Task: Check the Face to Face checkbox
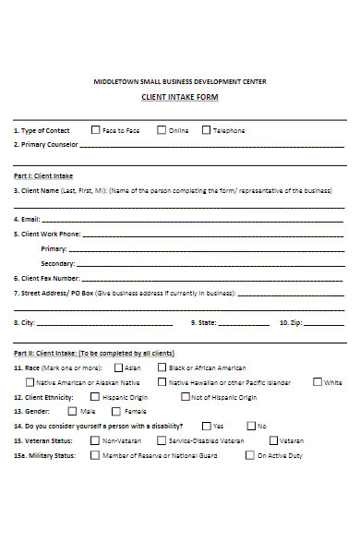[95, 130]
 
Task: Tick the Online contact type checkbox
[162, 130]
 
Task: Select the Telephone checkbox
[206, 130]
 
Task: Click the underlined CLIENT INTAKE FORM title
[180, 97]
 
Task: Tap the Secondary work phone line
[211, 264]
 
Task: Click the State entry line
[244, 325]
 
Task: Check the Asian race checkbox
[118, 367]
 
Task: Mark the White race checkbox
[318, 382]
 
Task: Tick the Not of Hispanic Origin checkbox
[185, 397]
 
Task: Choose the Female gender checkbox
[117, 411]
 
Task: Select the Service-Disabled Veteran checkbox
[162, 440]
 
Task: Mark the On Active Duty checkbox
[249, 455]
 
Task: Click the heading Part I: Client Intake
[42, 175]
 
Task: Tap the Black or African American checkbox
[162, 367]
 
